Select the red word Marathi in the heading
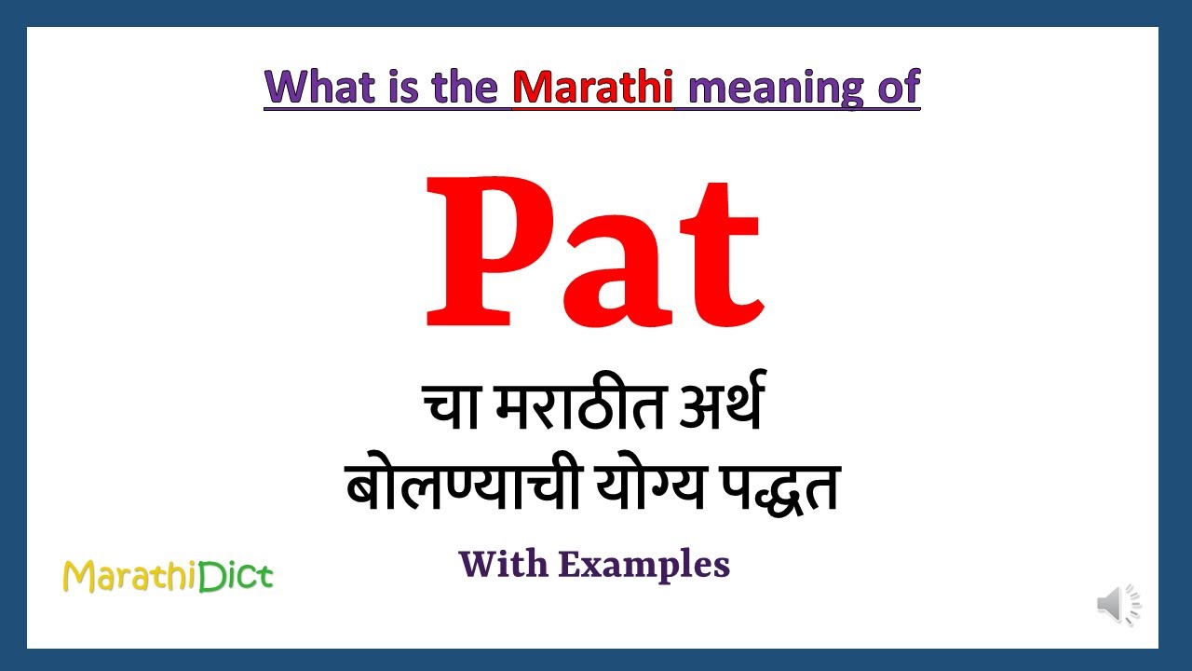(592, 88)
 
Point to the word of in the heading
(896, 88)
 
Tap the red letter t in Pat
(722, 256)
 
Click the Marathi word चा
(452, 411)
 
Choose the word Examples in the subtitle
(643, 565)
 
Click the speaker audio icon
(1117, 605)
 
